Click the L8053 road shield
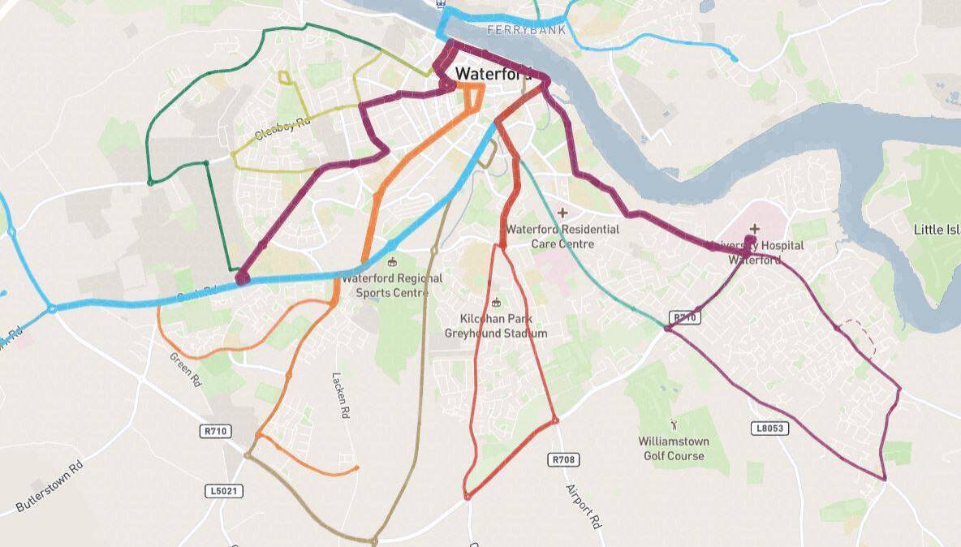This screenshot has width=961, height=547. (770, 429)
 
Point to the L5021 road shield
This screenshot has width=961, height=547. (223, 492)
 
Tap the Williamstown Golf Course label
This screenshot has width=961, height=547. (674, 449)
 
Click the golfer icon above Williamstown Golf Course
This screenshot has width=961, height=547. (673, 424)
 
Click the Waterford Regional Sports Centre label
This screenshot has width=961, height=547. (392, 285)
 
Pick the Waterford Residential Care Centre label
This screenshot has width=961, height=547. (562, 236)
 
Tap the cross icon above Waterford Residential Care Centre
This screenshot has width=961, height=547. (562, 213)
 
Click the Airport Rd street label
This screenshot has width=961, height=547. (582, 507)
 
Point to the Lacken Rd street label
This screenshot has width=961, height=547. (340, 395)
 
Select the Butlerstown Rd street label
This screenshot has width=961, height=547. (50, 488)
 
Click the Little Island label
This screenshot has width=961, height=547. (937, 229)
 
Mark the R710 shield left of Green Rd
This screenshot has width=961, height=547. (214, 432)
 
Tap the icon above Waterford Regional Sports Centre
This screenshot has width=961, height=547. (393, 262)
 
